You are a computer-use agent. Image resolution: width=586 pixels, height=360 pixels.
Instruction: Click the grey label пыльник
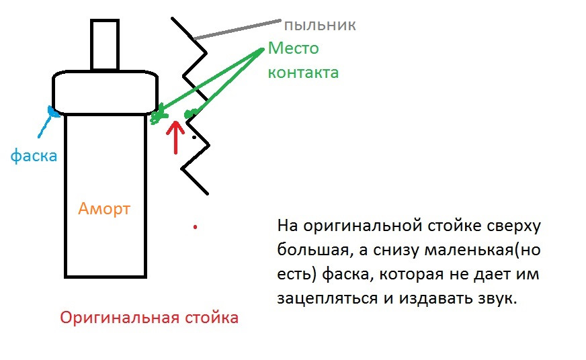click(319, 26)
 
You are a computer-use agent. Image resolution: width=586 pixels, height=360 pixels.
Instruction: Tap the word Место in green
click(293, 48)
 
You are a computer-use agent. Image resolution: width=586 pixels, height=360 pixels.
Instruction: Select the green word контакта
click(303, 72)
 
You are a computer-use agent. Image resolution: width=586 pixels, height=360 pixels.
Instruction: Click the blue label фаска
click(34, 156)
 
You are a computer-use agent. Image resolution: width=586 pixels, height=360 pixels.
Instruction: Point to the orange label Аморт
click(104, 208)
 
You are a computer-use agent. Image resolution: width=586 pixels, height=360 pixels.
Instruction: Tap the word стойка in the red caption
click(210, 318)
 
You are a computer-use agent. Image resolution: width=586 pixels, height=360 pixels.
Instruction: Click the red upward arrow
click(176, 136)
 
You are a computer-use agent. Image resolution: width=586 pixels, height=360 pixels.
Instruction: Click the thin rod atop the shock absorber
click(104, 44)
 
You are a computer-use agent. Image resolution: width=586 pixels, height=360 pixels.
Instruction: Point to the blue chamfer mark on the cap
click(51, 111)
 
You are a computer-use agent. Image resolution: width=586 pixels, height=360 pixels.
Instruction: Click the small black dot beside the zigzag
click(195, 138)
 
